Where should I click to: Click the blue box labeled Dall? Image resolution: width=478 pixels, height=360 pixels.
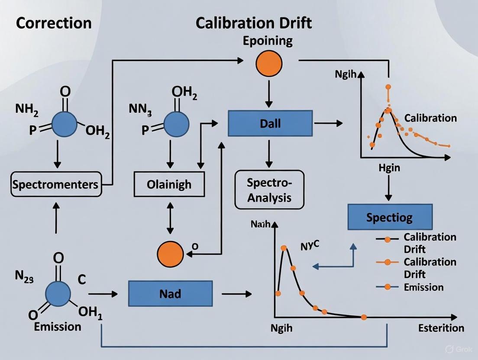click(x=270, y=123)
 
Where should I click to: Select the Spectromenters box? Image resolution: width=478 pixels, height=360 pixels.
click(x=55, y=185)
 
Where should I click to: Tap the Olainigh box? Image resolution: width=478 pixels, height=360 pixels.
click(x=169, y=185)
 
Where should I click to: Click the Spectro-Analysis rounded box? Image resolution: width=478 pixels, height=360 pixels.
click(x=269, y=190)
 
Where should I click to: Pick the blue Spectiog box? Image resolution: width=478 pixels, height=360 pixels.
click(x=390, y=217)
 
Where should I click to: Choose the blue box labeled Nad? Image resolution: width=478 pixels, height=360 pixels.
click(x=170, y=294)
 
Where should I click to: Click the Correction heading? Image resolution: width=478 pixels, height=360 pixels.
click(x=54, y=22)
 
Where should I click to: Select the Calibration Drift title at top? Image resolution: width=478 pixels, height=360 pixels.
click(x=253, y=22)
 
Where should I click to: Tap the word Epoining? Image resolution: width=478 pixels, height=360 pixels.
click(x=268, y=42)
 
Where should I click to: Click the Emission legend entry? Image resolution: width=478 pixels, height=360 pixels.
click(x=423, y=287)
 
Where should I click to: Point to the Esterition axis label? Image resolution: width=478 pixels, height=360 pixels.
click(x=441, y=328)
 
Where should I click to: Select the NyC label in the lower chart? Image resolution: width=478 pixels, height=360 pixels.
click(x=310, y=246)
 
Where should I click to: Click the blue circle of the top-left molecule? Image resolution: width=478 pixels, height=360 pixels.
click(x=65, y=124)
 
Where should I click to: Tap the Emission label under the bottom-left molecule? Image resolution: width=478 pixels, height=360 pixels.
click(x=58, y=326)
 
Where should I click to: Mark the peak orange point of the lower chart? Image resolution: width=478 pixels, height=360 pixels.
click(x=284, y=248)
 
